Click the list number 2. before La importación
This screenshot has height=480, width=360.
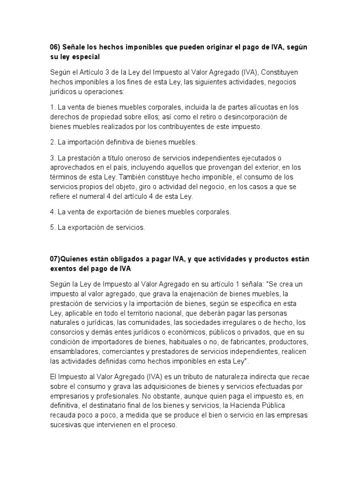pyautogui.click(x=52, y=142)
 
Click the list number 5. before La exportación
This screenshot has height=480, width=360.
pyautogui.click(x=52, y=227)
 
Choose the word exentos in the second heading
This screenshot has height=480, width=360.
pyautogui.click(x=64, y=269)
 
